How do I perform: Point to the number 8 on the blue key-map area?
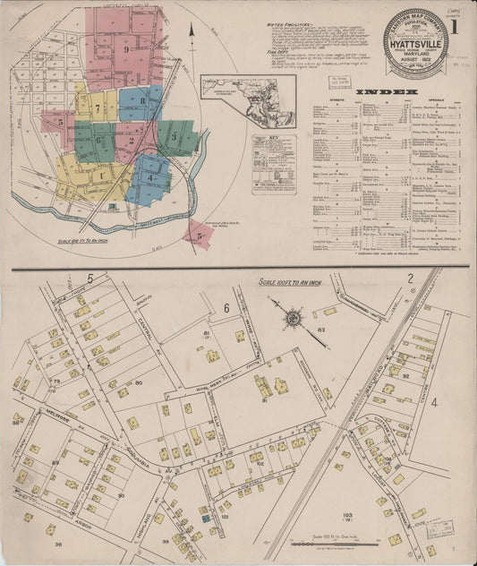(x=142, y=101)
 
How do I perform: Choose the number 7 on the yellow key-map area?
(x=97, y=108)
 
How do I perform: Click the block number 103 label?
(x=348, y=517)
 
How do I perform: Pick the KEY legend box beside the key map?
(x=273, y=162)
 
